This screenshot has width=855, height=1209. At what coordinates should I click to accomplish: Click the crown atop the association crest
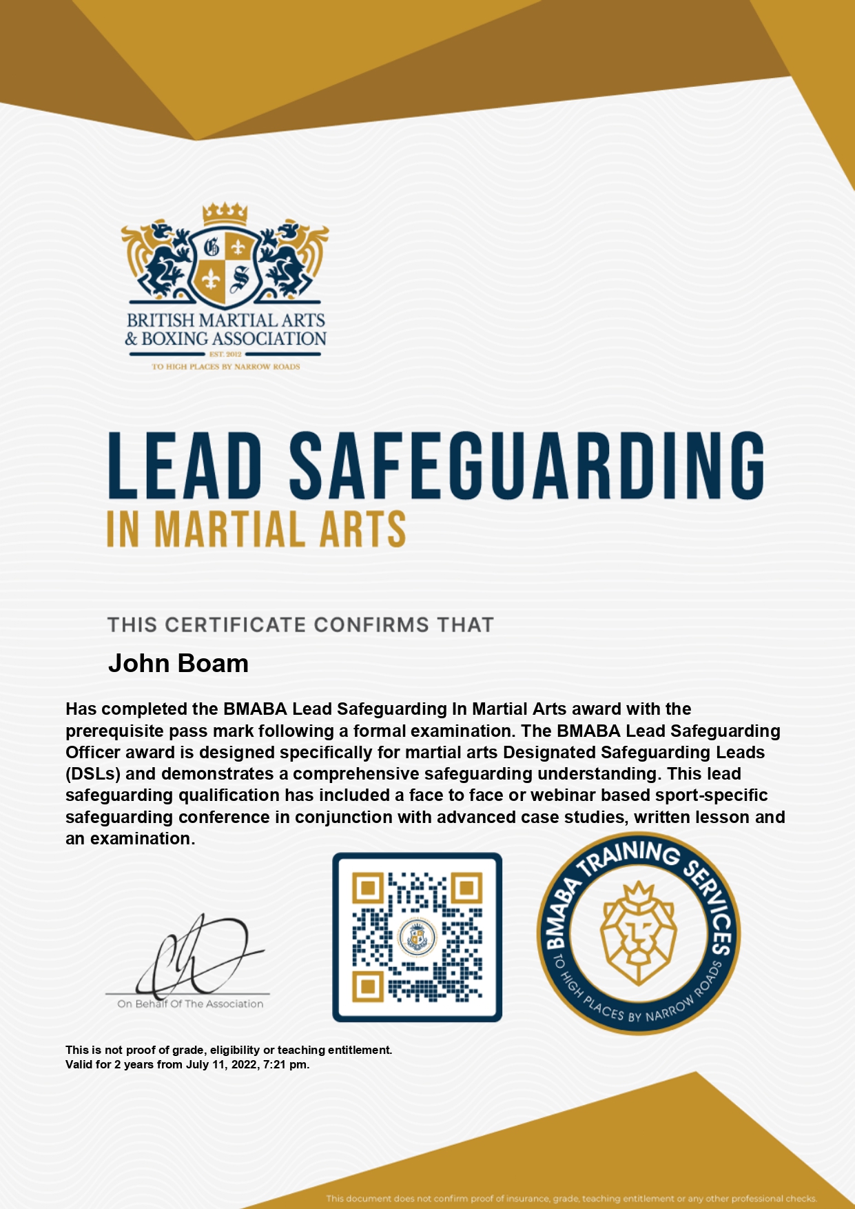225,214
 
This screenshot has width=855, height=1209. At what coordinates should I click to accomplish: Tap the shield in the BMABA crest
225,265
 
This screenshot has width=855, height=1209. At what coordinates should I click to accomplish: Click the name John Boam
178,663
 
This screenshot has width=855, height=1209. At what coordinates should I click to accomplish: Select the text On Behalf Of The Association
190,1004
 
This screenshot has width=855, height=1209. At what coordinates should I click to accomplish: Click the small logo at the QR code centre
418,937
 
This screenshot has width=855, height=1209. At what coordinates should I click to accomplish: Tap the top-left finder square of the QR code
368,888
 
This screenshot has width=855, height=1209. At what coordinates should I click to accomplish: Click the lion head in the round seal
639,932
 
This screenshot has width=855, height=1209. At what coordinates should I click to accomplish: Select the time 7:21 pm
285,1064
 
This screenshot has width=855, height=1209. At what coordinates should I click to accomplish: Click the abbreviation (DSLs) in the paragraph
93,773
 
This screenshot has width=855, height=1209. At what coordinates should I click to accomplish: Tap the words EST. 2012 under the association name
225,354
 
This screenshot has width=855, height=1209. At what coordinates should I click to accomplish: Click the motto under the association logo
225,367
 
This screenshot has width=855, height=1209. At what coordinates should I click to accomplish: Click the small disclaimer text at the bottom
570,1199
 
